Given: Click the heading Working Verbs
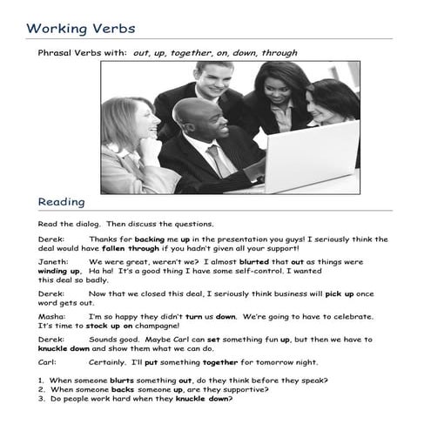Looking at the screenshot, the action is [x=80, y=28].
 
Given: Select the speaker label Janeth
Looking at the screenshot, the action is [x=52, y=260].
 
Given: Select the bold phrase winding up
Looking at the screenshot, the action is [x=59, y=270].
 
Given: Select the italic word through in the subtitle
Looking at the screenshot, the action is [x=280, y=53].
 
